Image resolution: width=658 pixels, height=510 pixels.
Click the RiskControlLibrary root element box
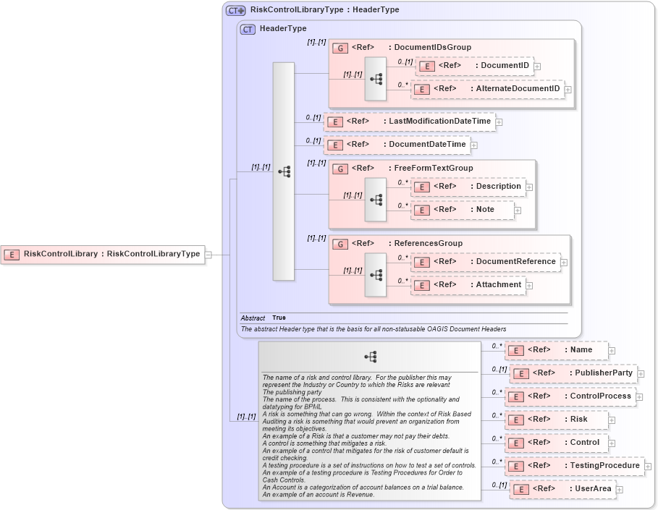pos(102,254)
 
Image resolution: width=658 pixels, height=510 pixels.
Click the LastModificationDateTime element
pos(409,122)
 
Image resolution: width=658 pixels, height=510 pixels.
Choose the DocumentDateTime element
pos(397,145)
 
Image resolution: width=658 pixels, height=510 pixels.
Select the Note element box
pos(462,210)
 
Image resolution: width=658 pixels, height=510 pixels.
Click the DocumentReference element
pos(485,262)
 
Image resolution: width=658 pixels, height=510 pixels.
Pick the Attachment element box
pos(468,285)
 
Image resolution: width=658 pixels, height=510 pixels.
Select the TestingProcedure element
pos(573,466)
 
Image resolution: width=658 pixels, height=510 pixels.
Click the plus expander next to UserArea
pos(620,490)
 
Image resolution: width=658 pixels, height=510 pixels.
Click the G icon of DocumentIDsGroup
pos(339,48)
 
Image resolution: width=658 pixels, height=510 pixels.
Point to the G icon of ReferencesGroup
pos(339,244)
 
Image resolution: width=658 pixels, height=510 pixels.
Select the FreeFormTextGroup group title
pos(433,169)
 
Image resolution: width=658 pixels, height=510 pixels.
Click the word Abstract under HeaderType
pos(253,318)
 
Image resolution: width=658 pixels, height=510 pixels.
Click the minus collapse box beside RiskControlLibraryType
pos(208,255)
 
